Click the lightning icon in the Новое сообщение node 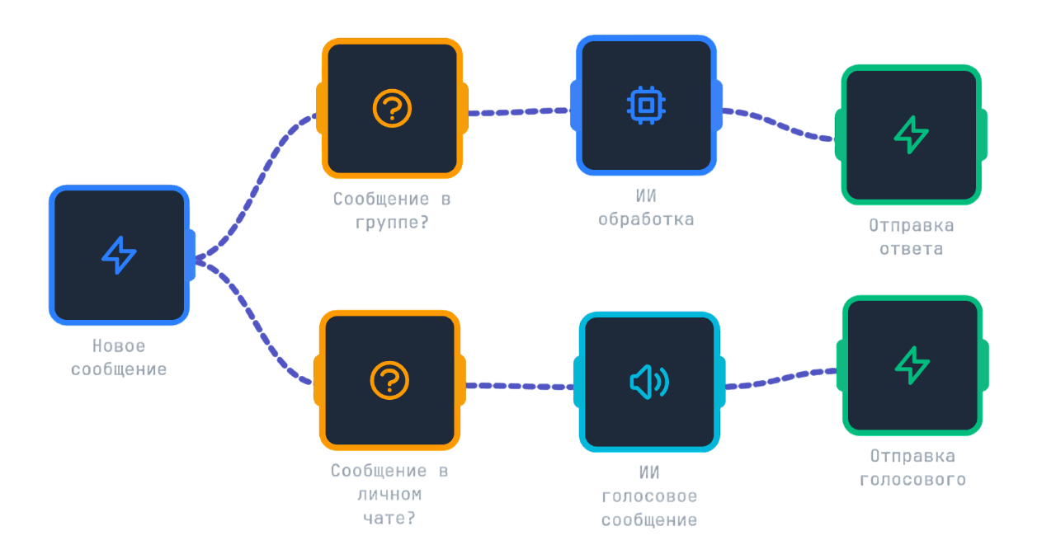click(x=119, y=255)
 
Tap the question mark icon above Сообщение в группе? click(x=392, y=108)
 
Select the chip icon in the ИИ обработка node click(x=646, y=106)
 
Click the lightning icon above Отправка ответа click(x=912, y=134)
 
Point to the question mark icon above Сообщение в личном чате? click(x=390, y=380)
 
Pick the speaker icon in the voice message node click(x=648, y=382)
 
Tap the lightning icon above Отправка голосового click(x=912, y=365)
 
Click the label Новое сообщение click(x=119, y=358)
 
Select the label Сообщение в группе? click(x=392, y=210)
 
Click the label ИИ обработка click(x=646, y=208)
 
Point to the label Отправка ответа click(x=911, y=237)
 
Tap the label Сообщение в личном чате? click(x=390, y=494)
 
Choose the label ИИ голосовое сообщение click(x=648, y=496)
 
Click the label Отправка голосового click(x=912, y=467)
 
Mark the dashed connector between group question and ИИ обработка click(x=520, y=110)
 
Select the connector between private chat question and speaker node click(x=520, y=385)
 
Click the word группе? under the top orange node click(x=392, y=221)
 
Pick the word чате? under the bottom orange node click(x=390, y=518)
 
